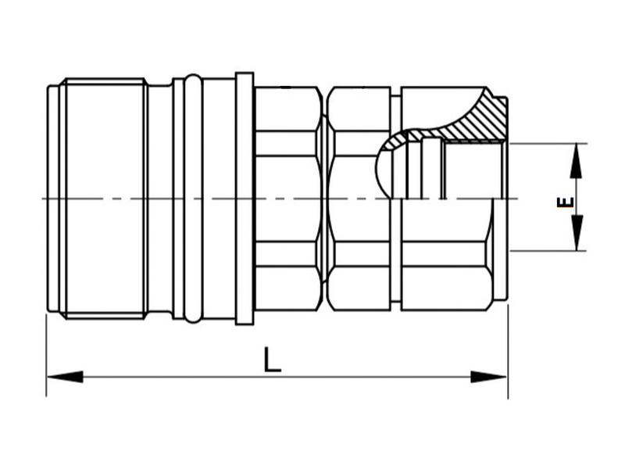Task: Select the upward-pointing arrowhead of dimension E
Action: tap(576, 159)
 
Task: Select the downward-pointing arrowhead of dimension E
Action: tap(576, 234)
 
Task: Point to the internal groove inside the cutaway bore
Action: tap(426, 168)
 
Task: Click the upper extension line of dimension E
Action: tap(547, 143)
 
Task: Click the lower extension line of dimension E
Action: tap(547, 251)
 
